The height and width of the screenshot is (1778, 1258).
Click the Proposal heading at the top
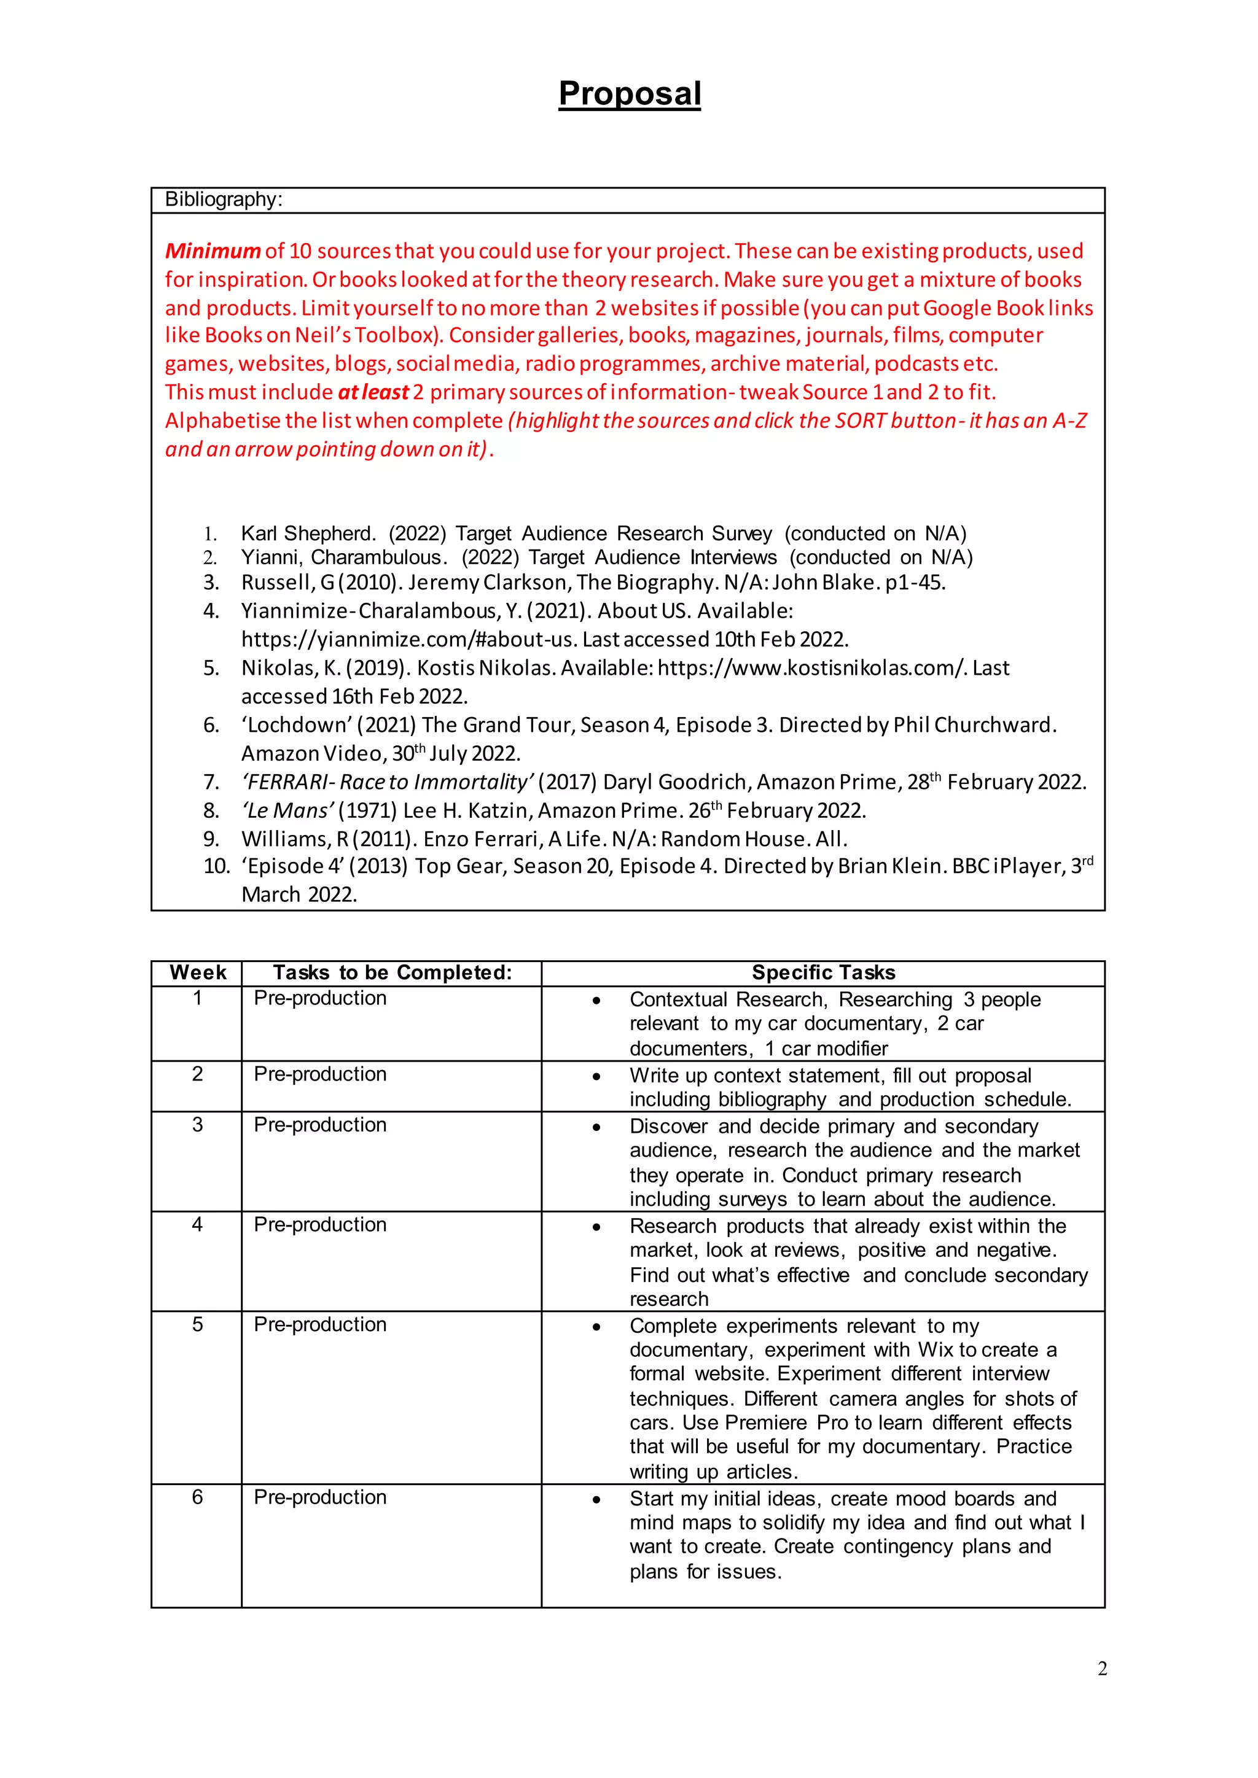tap(629, 94)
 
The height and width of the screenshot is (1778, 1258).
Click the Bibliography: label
tap(223, 200)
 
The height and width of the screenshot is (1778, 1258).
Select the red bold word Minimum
tap(213, 251)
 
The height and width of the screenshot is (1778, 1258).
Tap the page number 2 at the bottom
tap(1101, 1669)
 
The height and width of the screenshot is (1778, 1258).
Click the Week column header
tap(198, 972)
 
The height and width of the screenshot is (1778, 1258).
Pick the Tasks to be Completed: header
tap(392, 972)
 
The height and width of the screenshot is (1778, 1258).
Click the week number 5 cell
tap(198, 1324)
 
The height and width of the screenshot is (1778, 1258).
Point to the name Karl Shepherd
tap(308, 534)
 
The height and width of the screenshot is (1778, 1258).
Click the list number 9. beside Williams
tap(211, 839)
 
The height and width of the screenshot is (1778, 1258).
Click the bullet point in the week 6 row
tap(596, 1500)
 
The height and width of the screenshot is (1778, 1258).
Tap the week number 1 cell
tap(198, 998)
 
